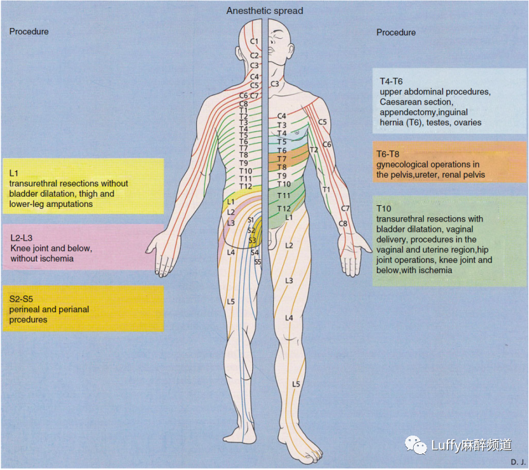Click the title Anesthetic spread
click(265, 11)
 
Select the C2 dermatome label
click(254, 56)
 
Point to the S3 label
click(253, 240)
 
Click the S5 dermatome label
click(258, 262)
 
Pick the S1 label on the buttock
click(251, 220)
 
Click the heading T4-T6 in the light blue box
click(391, 82)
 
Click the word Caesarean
click(400, 102)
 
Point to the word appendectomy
click(406, 112)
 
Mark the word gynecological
click(403, 164)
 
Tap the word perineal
click(25, 309)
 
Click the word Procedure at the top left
click(29, 31)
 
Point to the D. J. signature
click(516, 461)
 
